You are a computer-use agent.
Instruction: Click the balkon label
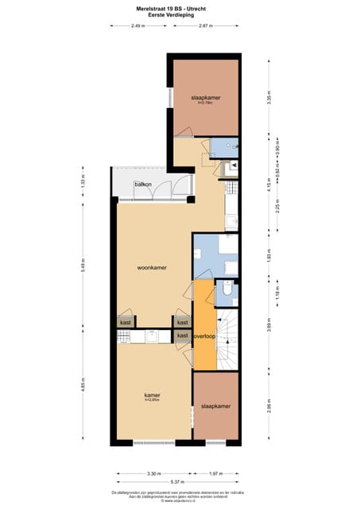point(143,185)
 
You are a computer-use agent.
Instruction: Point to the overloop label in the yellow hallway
point(205,336)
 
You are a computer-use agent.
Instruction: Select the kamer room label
point(152,395)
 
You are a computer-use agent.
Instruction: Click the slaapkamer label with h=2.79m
point(206,98)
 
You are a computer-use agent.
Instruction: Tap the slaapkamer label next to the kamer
point(215,406)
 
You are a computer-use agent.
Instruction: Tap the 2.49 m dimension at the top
point(137,26)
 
